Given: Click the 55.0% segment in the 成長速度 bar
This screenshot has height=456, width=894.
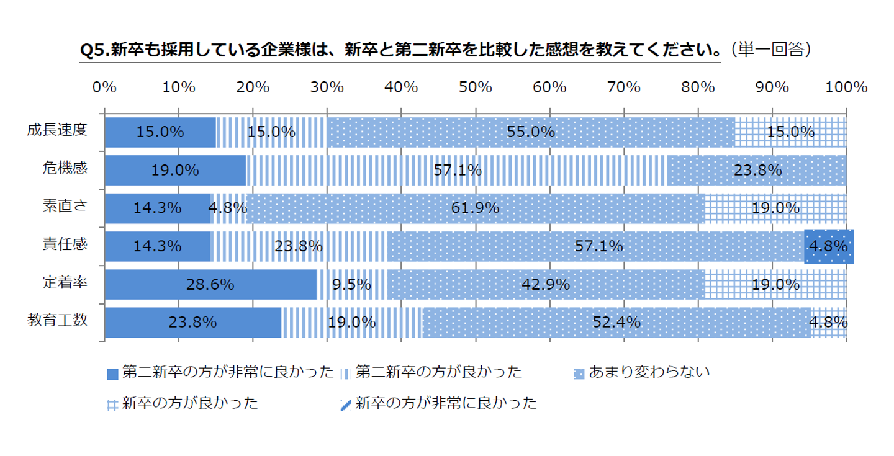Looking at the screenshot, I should pyautogui.click(x=531, y=132).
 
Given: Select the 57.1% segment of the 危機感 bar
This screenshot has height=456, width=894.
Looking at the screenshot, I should pyautogui.click(x=457, y=170).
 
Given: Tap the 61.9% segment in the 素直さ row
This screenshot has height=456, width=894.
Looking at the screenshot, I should pyautogui.click(x=475, y=208).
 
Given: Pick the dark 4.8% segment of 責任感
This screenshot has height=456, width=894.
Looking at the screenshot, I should pyautogui.click(x=828, y=246).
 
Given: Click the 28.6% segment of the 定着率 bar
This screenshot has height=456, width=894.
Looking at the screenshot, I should pyautogui.click(x=210, y=284).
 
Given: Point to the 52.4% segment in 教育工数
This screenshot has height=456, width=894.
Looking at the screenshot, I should pyautogui.click(x=616, y=322).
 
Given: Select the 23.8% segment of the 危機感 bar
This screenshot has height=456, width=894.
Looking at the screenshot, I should pyautogui.click(x=757, y=170).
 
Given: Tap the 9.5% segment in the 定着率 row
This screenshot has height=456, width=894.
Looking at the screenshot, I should pyautogui.click(x=352, y=284).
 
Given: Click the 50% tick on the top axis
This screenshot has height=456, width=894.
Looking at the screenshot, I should pyautogui.click(x=475, y=87).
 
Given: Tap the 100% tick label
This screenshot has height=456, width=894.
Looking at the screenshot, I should pyautogui.click(x=846, y=87).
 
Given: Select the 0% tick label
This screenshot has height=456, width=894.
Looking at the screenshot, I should pyautogui.click(x=104, y=87).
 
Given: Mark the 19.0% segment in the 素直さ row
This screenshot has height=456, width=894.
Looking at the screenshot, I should pyautogui.click(x=775, y=208).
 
